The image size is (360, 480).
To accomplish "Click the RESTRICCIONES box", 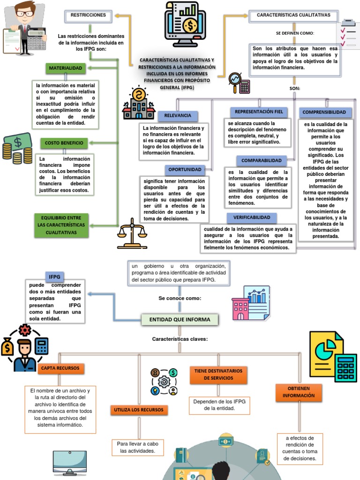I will click(x=88, y=16).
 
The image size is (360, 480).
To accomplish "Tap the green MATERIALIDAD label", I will click(x=66, y=68).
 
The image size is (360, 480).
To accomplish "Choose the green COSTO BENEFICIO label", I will click(x=64, y=142).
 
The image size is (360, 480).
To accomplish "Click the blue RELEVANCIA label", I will click(x=178, y=116).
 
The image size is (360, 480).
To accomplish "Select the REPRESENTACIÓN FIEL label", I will click(x=259, y=112).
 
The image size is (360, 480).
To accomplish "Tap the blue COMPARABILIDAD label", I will click(x=262, y=161).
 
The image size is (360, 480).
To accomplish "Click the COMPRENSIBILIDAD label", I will click(x=324, y=112).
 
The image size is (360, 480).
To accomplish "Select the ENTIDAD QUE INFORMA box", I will click(x=180, y=320).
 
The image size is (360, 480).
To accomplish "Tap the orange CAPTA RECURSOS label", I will click(x=60, y=368).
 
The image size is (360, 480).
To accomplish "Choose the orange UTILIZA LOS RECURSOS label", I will click(x=138, y=410).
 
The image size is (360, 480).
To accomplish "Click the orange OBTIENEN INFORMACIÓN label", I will click(x=299, y=392).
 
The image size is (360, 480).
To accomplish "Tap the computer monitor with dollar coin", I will click(x=185, y=23).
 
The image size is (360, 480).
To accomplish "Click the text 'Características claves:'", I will click(x=180, y=339).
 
